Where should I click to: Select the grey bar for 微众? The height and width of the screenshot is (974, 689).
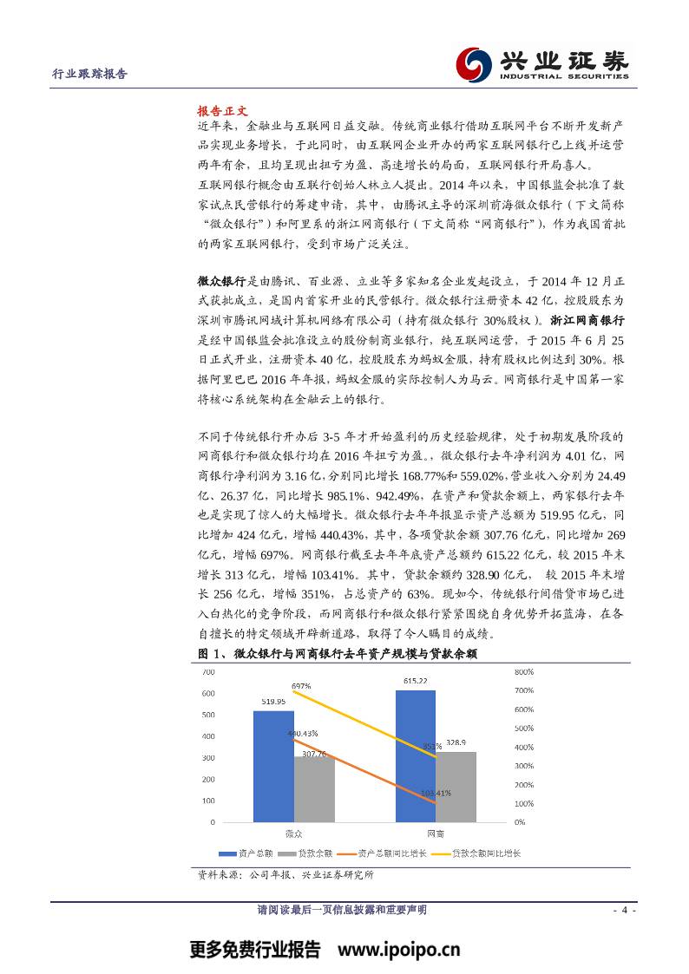(314, 789)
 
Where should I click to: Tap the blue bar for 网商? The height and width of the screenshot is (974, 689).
(416, 755)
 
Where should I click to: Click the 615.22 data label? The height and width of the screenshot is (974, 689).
(416, 681)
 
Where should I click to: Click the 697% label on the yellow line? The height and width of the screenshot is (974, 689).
(301, 686)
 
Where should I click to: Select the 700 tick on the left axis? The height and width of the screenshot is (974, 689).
(208, 672)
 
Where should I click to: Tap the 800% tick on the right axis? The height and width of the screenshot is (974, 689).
(524, 672)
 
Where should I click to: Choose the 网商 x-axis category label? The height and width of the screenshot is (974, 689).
(436, 833)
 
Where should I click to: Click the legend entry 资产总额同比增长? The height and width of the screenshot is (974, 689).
(391, 853)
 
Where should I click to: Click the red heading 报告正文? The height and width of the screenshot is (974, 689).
(223, 111)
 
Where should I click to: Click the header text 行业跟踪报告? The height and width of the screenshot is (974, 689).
(90, 75)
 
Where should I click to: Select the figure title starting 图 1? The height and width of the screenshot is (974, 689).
(338, 653)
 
